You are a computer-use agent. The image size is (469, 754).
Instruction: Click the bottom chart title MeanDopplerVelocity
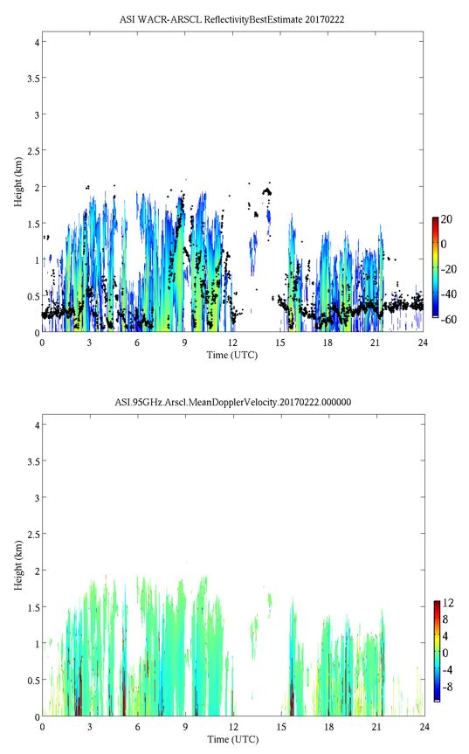pos(232,402)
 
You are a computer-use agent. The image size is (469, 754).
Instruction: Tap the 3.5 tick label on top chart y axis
pos(33,78)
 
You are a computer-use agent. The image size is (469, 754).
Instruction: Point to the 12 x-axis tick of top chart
pos(232,342)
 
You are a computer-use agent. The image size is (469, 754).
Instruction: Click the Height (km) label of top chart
pos(18,182)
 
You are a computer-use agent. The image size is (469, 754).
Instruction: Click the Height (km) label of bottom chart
pos(18,565)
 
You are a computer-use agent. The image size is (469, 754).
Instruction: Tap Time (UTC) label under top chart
pos(232,356)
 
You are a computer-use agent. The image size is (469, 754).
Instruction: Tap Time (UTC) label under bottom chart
pos(233,739)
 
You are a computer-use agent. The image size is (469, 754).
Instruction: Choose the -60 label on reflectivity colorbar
pos(448,319)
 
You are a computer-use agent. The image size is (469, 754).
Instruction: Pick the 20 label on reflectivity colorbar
pos(446,219)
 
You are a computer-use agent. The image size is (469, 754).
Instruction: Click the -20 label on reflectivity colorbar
pos(448,269)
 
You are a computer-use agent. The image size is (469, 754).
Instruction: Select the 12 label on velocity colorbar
pos(447,603)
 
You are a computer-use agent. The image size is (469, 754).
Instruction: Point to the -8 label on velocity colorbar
pos(447,687)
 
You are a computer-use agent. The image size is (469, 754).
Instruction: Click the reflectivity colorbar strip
pos(435,267)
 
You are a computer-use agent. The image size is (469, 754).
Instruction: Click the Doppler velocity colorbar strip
pos(437,651)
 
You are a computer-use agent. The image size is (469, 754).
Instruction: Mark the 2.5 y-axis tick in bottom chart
pos(33,534)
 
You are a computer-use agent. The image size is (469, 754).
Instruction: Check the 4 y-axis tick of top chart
pos(37,42)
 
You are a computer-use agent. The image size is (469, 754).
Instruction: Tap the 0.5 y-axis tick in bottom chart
pos(33,681)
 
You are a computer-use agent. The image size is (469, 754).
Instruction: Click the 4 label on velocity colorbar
pos(445,636)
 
